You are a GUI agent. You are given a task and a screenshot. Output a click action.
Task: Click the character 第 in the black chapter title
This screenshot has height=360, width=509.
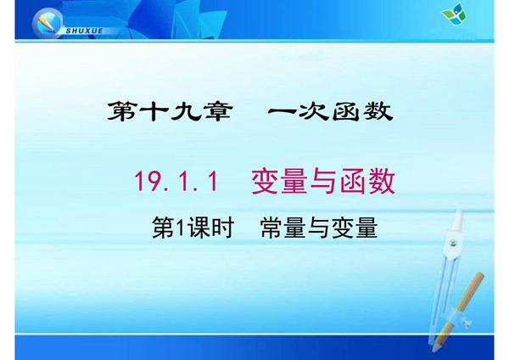click(x=125, y=112)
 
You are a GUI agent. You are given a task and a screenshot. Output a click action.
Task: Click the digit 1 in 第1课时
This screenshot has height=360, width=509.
click(x=181, y=228)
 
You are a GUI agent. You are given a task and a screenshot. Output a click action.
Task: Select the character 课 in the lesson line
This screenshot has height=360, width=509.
click(x=199, y=228)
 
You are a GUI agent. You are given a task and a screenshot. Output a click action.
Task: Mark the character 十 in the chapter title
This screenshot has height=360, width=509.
click(x=155, y=112)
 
